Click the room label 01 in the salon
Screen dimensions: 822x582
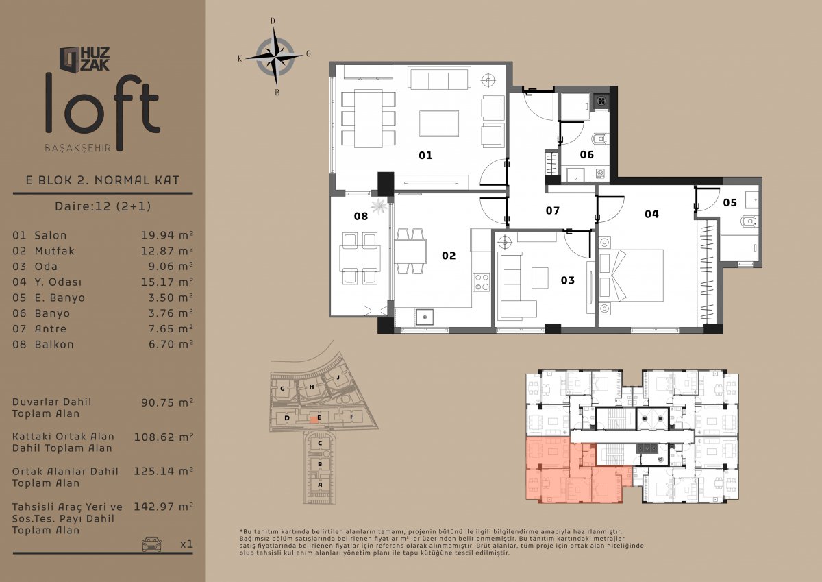tap(425, 156)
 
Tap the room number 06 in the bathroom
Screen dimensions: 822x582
tap(586, 155)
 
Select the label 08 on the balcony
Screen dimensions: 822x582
tap(361, 216)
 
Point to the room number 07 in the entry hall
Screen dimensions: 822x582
tap(552, 210)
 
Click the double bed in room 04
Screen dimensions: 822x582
tap(631, 276)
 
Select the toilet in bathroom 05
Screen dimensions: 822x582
tap(750, 221)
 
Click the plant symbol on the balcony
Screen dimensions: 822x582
tap(379, 206)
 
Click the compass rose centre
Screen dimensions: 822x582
tap(275, 58)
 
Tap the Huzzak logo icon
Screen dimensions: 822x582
tap(69, 59)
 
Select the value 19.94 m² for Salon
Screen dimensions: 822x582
tap(167, 235)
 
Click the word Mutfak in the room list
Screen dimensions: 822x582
tap(54, 251)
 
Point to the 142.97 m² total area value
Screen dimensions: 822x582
tap(163, 507)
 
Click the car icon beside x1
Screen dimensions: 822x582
tap(152, 544)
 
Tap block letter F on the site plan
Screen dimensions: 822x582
tap(351, 417)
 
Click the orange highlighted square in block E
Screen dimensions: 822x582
tap(314, 420)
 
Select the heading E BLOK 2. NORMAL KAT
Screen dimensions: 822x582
tap(103, 180)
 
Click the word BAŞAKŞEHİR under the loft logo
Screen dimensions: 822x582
tap(78, 148)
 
